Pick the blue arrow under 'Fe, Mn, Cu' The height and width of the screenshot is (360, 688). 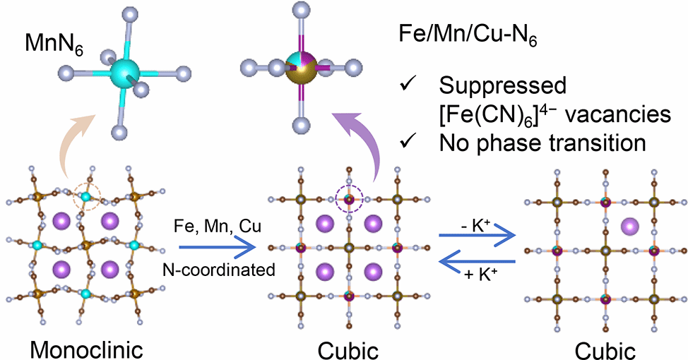coord(216,248)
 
